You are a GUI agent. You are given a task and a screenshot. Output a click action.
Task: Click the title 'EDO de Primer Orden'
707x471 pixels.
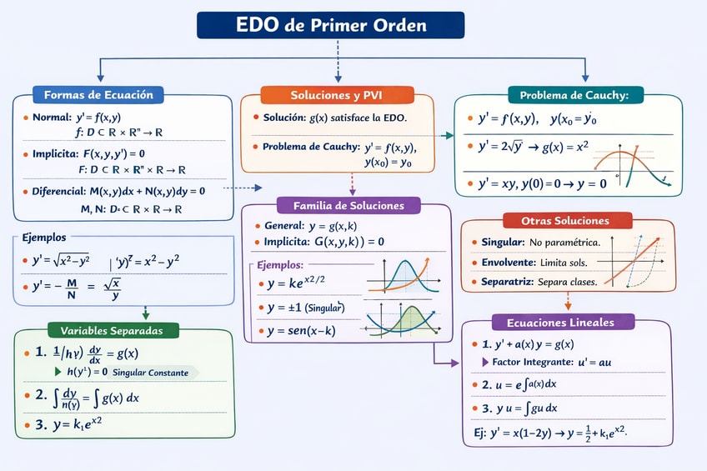coord(330,25)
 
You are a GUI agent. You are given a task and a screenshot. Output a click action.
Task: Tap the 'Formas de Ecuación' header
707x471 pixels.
coord(98,94)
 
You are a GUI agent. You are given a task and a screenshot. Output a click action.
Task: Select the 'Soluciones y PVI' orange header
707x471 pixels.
coord(336,94)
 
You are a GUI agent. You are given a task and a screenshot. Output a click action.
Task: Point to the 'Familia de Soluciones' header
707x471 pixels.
coord(348,204)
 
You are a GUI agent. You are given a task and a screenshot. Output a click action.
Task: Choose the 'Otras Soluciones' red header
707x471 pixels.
coord(567,221)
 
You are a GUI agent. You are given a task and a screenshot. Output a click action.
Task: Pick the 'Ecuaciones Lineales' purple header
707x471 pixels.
coord(566,322)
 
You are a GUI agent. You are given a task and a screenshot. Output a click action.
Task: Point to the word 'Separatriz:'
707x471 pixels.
coord(506,282)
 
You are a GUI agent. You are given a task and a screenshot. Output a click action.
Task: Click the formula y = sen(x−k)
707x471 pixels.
coord(302,330)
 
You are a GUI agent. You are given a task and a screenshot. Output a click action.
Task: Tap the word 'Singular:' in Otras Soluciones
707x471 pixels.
coord(503,242)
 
